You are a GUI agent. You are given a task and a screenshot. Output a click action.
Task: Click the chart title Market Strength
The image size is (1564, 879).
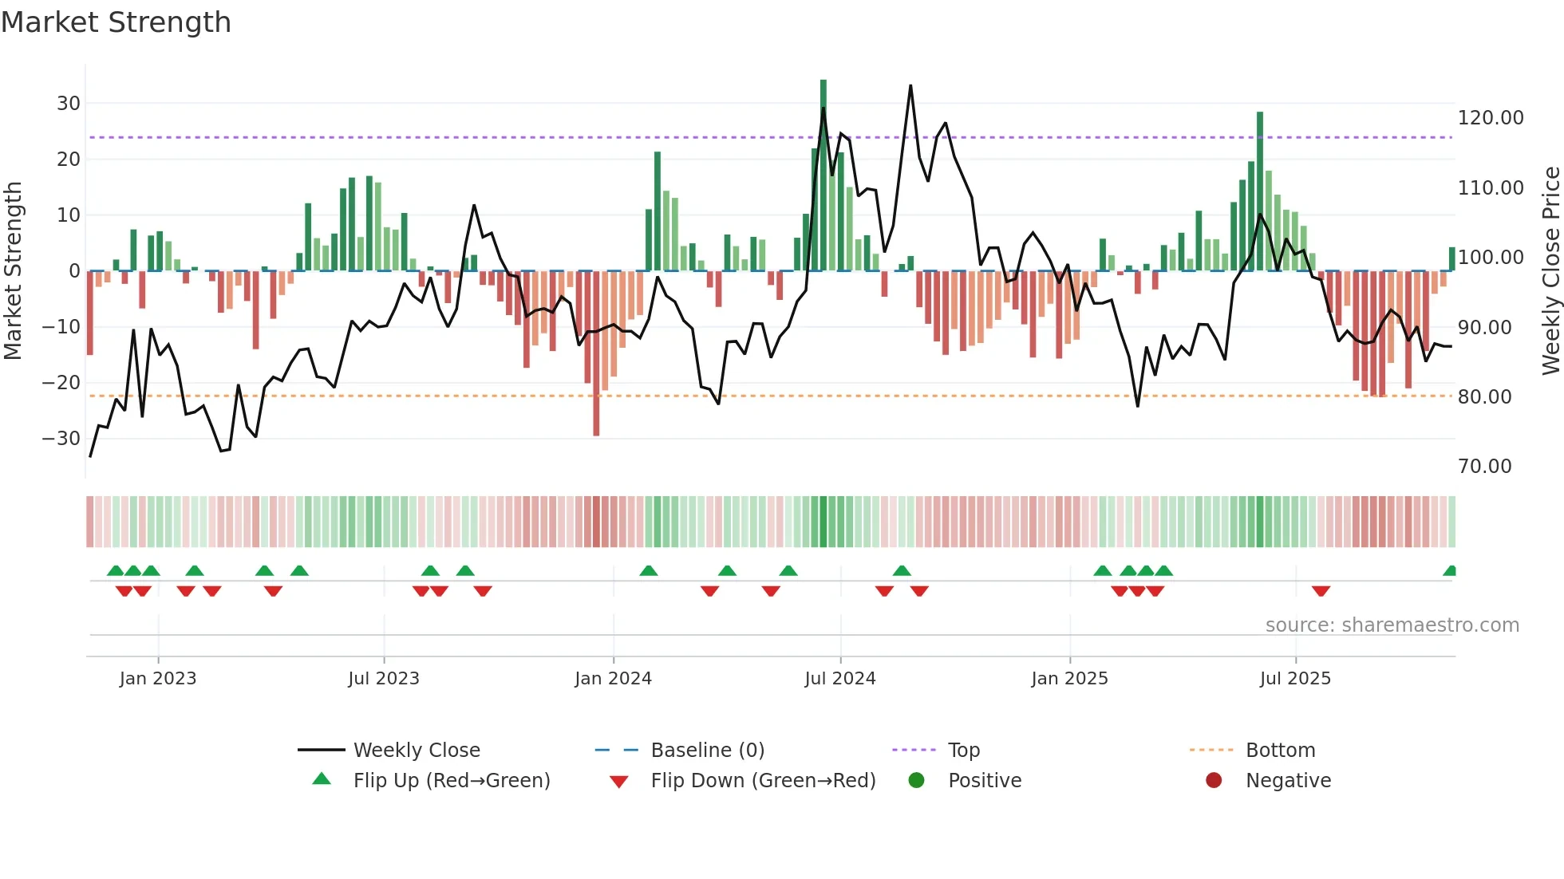(117, 22)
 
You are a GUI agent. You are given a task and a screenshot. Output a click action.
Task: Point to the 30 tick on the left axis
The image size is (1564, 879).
(69, 103)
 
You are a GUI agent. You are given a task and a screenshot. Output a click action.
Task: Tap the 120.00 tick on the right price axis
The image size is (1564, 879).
(1490, 118)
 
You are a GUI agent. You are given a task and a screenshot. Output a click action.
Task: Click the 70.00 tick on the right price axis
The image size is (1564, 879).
(1484, 467)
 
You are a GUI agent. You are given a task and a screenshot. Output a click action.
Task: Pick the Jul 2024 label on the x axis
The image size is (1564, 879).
(839, 679)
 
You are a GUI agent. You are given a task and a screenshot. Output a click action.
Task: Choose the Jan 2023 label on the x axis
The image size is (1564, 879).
(158, 679)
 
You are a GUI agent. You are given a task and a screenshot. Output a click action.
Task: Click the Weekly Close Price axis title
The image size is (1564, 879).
(1550, 270)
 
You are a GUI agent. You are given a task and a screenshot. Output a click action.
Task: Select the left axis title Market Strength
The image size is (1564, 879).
(13, 270)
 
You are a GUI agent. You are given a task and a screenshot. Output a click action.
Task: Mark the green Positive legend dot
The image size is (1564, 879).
(916, 781)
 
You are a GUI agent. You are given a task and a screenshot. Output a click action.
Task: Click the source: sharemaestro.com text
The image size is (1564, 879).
(1392, 625)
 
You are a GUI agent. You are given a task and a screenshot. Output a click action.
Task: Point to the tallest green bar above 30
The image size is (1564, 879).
(823, 88)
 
